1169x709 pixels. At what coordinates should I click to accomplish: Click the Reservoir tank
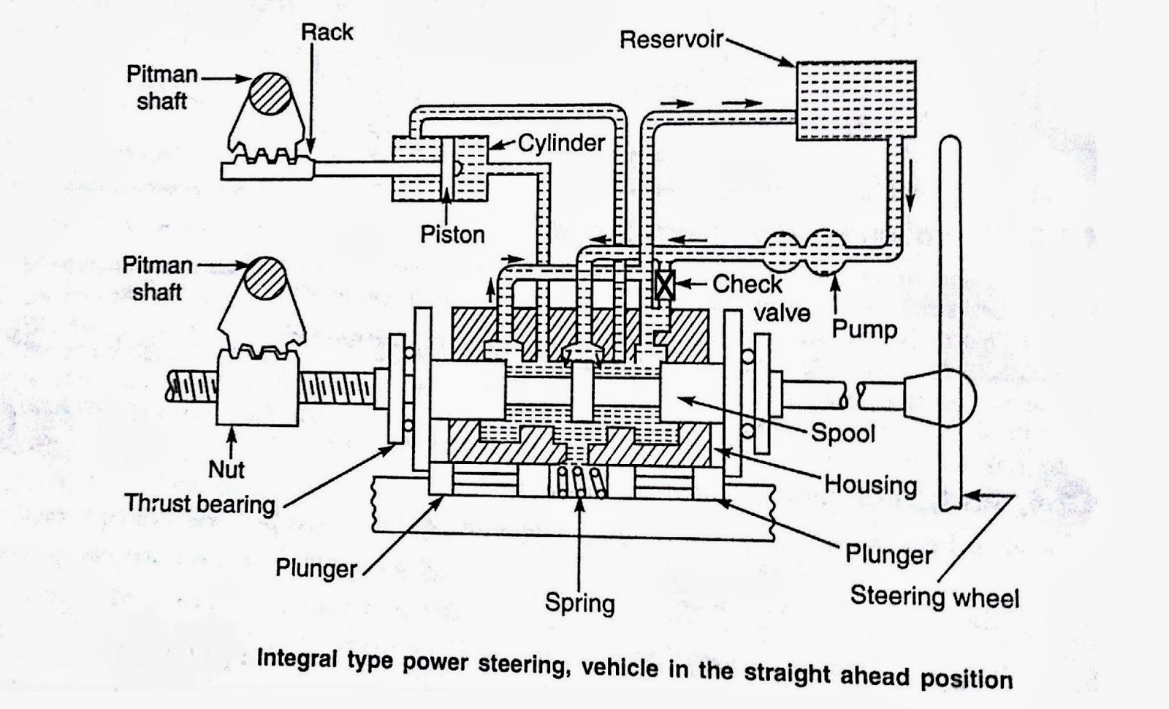855,100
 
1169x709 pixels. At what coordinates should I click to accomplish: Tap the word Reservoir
671,39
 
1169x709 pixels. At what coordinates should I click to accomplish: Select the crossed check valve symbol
664,284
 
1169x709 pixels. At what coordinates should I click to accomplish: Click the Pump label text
864,329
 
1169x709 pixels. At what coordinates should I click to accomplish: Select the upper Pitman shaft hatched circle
267,93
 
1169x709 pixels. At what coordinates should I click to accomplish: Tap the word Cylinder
561,143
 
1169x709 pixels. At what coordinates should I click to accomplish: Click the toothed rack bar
267,170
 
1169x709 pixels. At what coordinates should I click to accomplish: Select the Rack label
327,32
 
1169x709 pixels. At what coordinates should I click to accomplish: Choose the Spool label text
842,433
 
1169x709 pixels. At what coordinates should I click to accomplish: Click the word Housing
870,484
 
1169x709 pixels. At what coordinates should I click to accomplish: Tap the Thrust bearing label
199,504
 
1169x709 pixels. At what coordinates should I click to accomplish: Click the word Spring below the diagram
579,603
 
